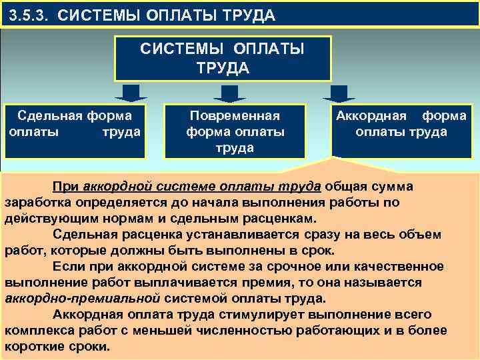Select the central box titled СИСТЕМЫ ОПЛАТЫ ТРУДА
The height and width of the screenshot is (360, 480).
(223, 58)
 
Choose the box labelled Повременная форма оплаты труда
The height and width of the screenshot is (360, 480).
(235, 131)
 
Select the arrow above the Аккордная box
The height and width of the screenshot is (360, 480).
(335, 93)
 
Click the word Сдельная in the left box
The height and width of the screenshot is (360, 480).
(49, 115)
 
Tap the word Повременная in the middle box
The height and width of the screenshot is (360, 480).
(235, 115)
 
